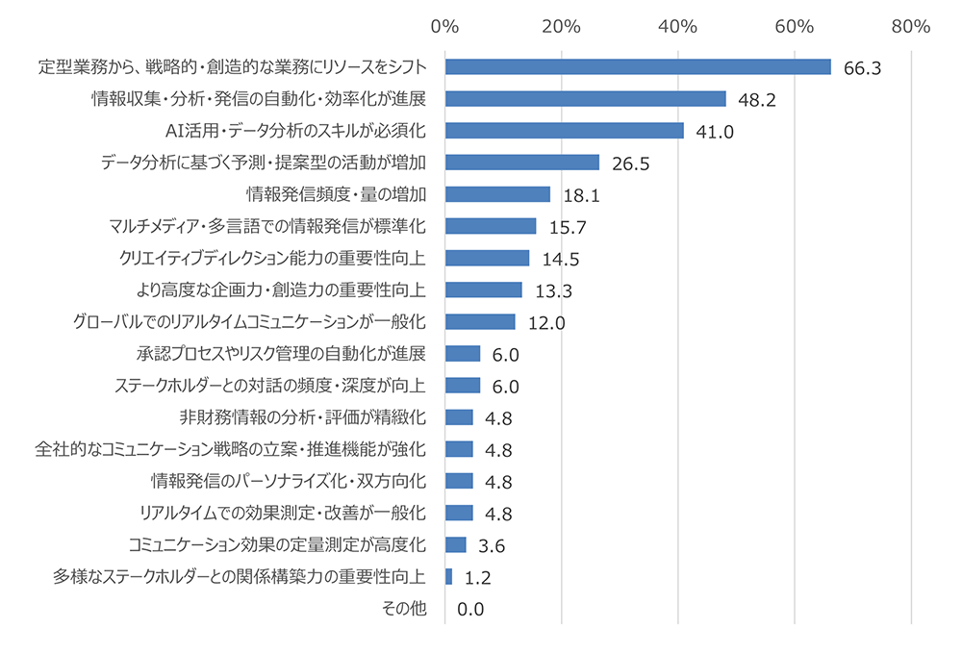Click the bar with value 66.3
[x=638, y=66]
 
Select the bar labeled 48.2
[x=585, y=98]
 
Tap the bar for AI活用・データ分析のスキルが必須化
[x=564, y=130]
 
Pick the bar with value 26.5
[x=521, y=163]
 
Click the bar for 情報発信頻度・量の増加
[x=497, y=194]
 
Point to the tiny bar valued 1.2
[x=448, y=576]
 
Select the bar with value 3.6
[x=455, y=544]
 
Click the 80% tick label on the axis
[x=910, y=26]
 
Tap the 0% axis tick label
[x=444, y=26]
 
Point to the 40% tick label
[x=678, y=26]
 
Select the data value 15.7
[x=566, y=227]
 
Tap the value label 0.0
[x=470, y=610]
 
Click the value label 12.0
[x=544, y=322]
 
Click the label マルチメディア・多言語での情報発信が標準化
[x=268, y=226]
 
